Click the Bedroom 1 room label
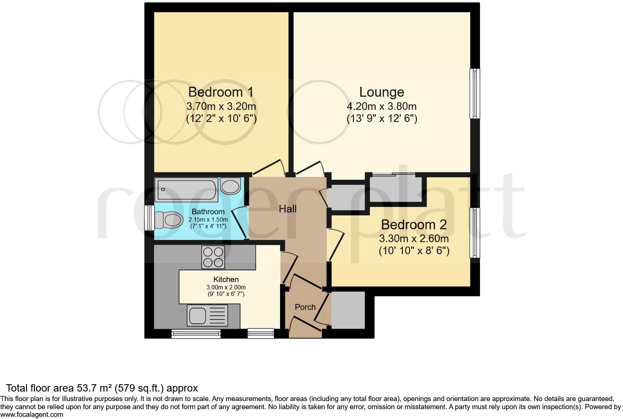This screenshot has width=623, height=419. [220, 92]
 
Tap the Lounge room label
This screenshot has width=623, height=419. [381, 92]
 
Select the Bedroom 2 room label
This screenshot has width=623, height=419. [414, 225]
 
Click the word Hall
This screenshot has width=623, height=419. [287, 209]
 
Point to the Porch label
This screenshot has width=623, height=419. [305, 307]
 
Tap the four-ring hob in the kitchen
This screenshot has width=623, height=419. [213, 257]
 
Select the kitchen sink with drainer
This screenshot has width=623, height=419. [207, 315]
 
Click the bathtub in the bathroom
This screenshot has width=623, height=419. [186, 190]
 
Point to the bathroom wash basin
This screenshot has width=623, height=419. [230, 186]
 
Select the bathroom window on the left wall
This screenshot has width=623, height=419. [149, 218]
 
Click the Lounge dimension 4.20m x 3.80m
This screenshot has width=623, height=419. [381, 107]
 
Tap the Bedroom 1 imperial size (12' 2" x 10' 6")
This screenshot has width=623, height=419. [221, 119]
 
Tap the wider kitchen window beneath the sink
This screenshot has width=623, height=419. [196, 333]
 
